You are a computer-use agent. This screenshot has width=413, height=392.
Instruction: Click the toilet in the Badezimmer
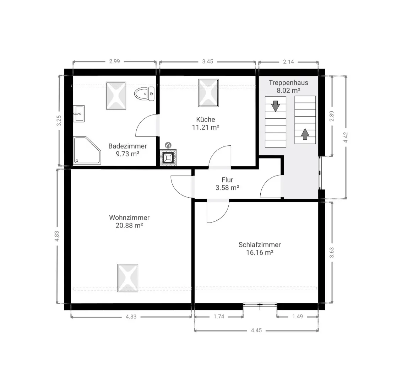tap(144, 93)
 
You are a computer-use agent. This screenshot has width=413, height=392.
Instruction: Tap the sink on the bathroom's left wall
tap(79, 114)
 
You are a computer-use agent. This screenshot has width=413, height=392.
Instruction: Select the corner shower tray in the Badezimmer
tap(87, 150)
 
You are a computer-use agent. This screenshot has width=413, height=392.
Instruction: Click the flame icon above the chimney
tap(168, 145)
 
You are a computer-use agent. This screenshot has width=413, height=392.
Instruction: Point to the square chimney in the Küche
tap(168, 158)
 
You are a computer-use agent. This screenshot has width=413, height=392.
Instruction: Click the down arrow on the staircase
tap(276, 106)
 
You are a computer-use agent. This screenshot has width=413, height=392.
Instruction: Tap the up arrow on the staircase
tap(305, 134)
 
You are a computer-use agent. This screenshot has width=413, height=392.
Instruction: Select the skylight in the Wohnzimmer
tap(128, 278)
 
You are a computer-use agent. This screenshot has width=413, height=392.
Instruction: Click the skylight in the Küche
tap(208, 93)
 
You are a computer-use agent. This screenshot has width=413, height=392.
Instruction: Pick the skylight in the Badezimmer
tap(116, 96)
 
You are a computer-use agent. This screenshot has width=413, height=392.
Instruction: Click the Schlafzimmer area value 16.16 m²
tap(260, 253)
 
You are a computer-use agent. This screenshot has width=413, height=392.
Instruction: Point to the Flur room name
tap(227, 180)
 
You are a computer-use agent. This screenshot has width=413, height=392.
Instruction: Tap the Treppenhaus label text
tap(288, 82)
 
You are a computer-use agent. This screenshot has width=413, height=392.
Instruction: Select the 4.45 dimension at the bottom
tap(256, 330)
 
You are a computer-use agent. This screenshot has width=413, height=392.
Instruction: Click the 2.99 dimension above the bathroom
tap(115, 61)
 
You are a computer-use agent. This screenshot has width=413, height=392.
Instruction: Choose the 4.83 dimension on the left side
tap(57, 236)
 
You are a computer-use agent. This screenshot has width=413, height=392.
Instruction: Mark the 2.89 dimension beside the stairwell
tap(332, 116)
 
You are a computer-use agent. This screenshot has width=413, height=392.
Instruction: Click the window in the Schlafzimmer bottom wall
tap(260, 305)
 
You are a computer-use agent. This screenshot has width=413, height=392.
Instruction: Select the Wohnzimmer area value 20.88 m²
tap(129, 225)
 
